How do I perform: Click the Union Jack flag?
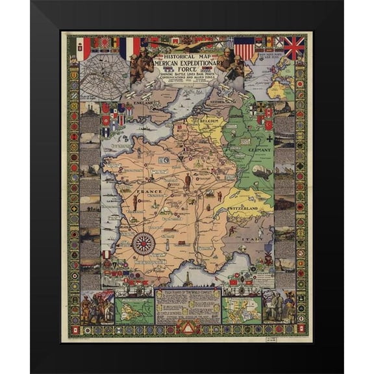[293, 47]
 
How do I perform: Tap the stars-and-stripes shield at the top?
[244, 48]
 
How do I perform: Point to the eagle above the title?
[186, 45]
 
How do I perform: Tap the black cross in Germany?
[269, 138]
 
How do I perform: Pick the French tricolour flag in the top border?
[132, 46]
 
